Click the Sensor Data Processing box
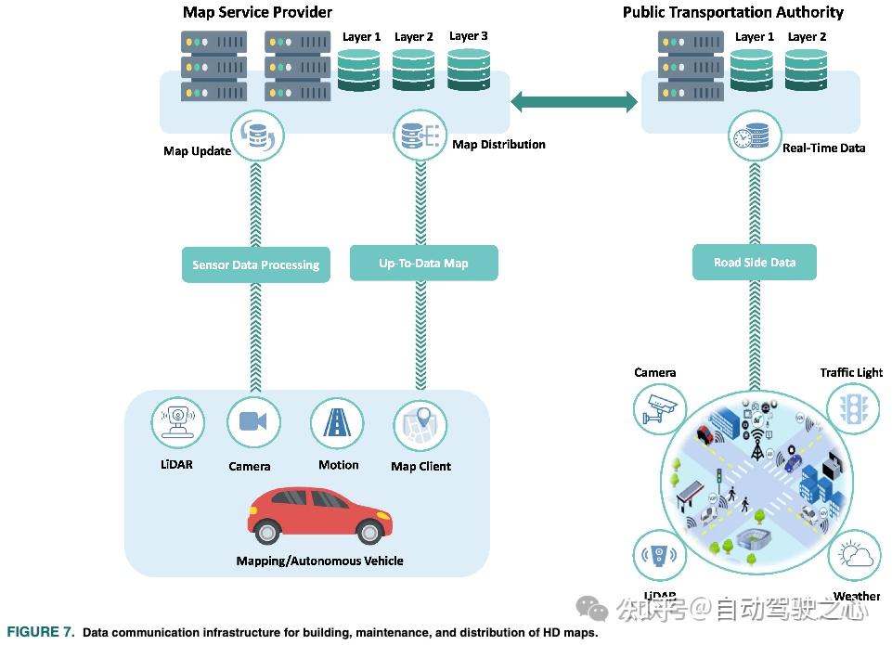(255, 264)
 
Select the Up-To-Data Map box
(423, 263)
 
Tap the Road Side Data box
(754, 262)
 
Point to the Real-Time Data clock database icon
(754, 136)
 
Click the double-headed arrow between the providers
(575, 101)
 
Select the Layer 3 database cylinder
(469, 70)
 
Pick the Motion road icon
(336, 422)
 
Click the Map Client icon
(420, 426)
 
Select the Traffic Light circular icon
(852, 409)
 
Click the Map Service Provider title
(257, 12)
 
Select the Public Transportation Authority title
(732, 12)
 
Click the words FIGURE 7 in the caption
(41, 633)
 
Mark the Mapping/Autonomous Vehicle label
(319, 561)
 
